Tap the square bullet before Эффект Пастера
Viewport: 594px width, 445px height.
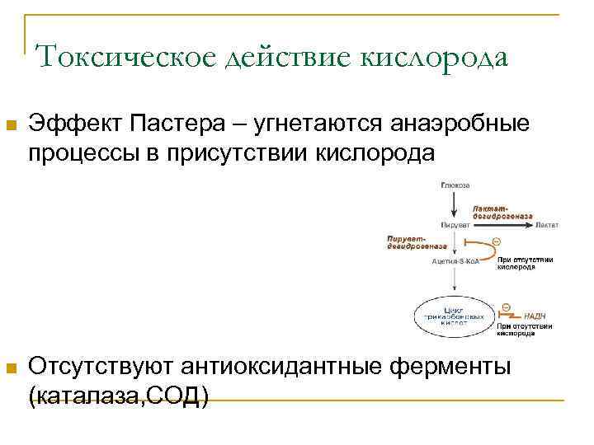tap(10, 126)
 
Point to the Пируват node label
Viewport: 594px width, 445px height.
tap(455, 224)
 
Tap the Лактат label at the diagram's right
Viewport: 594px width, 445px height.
tap(546, 224)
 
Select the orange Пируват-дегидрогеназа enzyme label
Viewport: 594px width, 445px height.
tap(417, 241)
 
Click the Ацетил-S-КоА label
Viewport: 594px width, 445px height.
tap(455, 261)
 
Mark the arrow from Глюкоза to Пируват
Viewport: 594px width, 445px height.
tap(455, 204)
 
